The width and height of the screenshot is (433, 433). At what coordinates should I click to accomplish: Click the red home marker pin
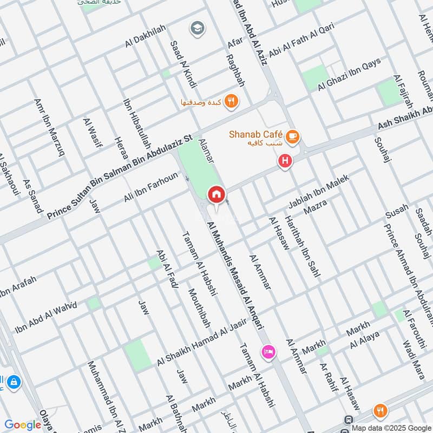(x=216, y=194)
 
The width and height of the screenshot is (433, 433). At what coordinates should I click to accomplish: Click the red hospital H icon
(x=284, y=161)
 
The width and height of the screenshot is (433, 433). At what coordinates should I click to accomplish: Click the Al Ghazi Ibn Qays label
(x=350, y=74)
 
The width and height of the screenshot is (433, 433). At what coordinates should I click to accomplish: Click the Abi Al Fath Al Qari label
(x=301, y=42)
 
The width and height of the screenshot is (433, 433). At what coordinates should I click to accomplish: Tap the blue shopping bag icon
(x=14, y=383)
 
